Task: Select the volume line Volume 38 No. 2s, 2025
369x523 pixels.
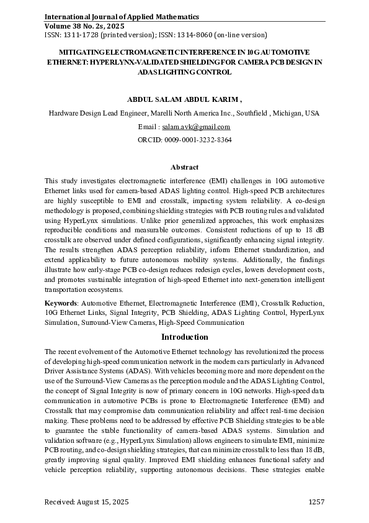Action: point(90,27)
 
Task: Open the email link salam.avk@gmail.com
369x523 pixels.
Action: point(195,127)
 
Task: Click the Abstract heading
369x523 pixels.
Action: point(184,167)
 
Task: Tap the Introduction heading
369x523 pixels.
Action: point(184,337)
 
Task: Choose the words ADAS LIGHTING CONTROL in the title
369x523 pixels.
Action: point(184,72)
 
